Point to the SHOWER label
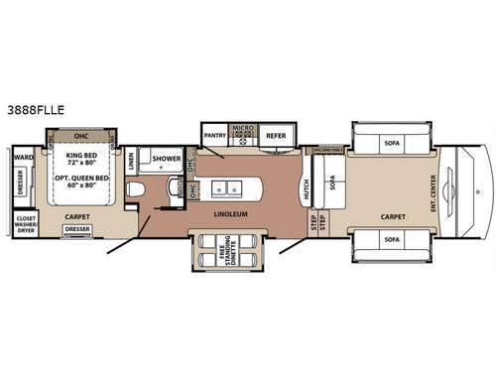pos(166,159)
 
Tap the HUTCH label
pos(306,186)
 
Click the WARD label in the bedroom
pos(20,155)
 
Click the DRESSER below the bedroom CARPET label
pos(76,230)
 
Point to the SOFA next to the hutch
pos(332,185)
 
